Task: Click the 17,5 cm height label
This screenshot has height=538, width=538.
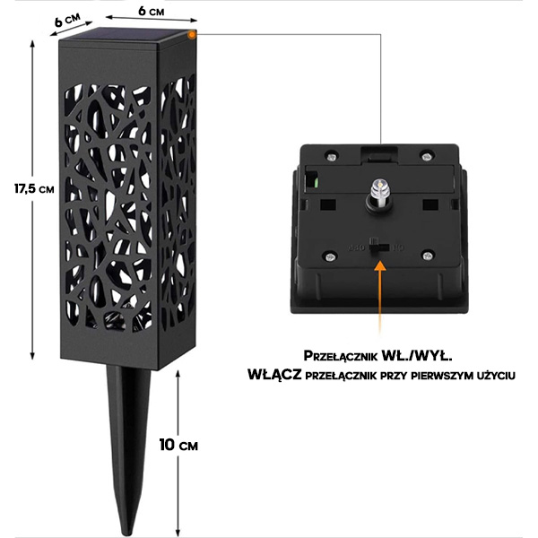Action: coord(34,188)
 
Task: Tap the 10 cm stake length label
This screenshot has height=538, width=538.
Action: coord(178,445)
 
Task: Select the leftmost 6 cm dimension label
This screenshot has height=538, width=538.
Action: coord(67,20)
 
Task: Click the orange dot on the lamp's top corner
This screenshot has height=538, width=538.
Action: coord(192,34)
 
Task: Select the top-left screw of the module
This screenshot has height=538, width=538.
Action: coord(331,157)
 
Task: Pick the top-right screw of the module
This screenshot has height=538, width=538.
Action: coord(426,157)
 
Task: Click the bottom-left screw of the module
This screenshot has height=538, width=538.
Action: coord(329,256)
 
